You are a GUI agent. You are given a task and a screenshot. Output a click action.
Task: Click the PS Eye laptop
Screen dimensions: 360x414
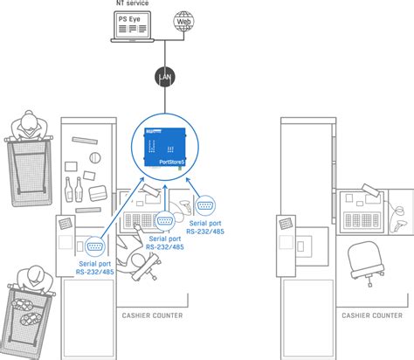tap(132, 29)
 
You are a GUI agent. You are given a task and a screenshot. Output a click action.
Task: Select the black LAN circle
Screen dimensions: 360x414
tap(164, 78)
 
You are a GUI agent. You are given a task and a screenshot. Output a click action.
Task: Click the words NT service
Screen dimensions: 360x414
tap(132, 3)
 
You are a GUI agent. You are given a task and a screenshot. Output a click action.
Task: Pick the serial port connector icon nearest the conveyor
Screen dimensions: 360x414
tap(96, 223)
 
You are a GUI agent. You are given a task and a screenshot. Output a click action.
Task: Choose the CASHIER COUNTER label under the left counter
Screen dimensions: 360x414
tap(149, 315)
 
